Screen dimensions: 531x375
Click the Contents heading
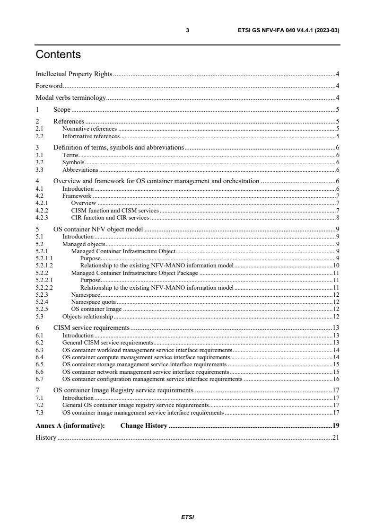click(58, 55)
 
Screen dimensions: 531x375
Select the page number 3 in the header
click(188, 30)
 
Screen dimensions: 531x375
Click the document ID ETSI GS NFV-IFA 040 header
click(288, 30)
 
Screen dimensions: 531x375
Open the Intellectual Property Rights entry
click(74, 74)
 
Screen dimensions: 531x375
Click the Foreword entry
click(49, 86)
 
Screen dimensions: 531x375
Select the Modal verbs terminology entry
click(70, 98)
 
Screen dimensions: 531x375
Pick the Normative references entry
click(89, 128)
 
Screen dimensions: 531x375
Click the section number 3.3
click(40, 169)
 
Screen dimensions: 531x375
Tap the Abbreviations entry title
click(80, 169)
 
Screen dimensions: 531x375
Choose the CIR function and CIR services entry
click(110, 218)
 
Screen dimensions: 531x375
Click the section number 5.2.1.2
click(44, 266)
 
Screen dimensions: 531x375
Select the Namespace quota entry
click(93, 301)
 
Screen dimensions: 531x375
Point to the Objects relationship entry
click(87, 316)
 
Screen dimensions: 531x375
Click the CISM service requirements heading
click(91, 327)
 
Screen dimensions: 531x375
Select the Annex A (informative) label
click(70, 425)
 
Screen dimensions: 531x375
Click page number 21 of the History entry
click(336, 437)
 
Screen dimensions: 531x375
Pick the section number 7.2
click(40, 405)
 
